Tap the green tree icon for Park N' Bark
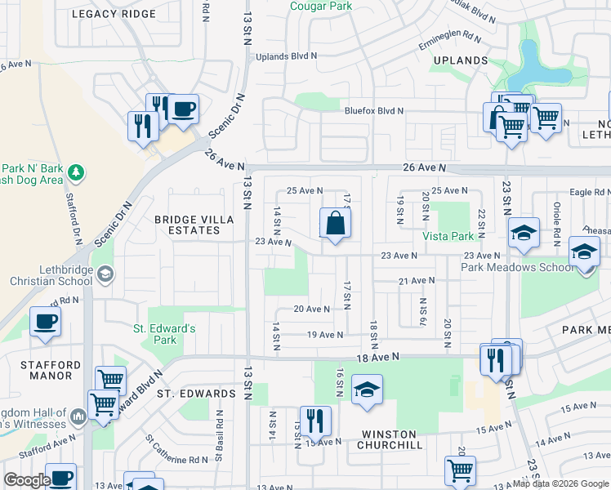tap(76, 171)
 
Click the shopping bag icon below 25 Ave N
tap(335, 223)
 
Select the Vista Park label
tap(448, 236)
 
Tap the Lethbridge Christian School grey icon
tap(105, 275)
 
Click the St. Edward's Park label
tap(166, 334)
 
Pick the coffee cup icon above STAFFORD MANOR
tap(45, 320)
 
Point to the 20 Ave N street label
tap(311, 310)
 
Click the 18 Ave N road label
tap(377, 357)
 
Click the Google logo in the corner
tap(27, 480)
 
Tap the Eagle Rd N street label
tap(590, 193)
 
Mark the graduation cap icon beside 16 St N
tap(367, 390)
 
